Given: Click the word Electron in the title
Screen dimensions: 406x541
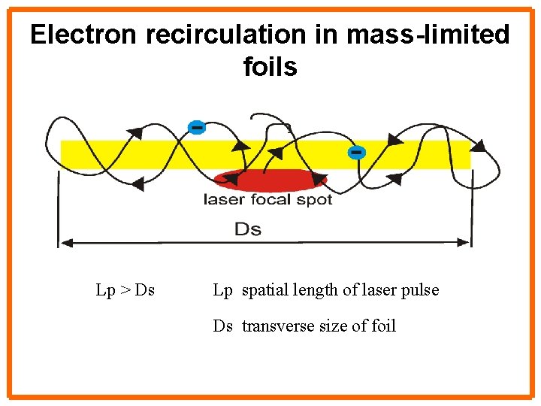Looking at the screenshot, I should click(x=83, y=35).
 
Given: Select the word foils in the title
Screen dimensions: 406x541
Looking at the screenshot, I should click(x=270, y=68).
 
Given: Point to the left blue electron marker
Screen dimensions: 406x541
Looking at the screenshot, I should click(x=196, y=128).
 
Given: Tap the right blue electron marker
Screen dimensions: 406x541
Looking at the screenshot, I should click(x=356, y=153).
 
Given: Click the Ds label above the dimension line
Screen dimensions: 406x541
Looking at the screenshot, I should click(x=248, y=228).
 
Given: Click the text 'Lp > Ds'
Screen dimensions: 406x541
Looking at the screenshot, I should click(x=125, y=290).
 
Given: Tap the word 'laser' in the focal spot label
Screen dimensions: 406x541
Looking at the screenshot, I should click(x=222, y=200).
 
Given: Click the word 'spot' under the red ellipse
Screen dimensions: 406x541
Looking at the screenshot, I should click(x=315, y=200).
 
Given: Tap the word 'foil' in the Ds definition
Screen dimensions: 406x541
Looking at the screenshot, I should click(x=381, y=326).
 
